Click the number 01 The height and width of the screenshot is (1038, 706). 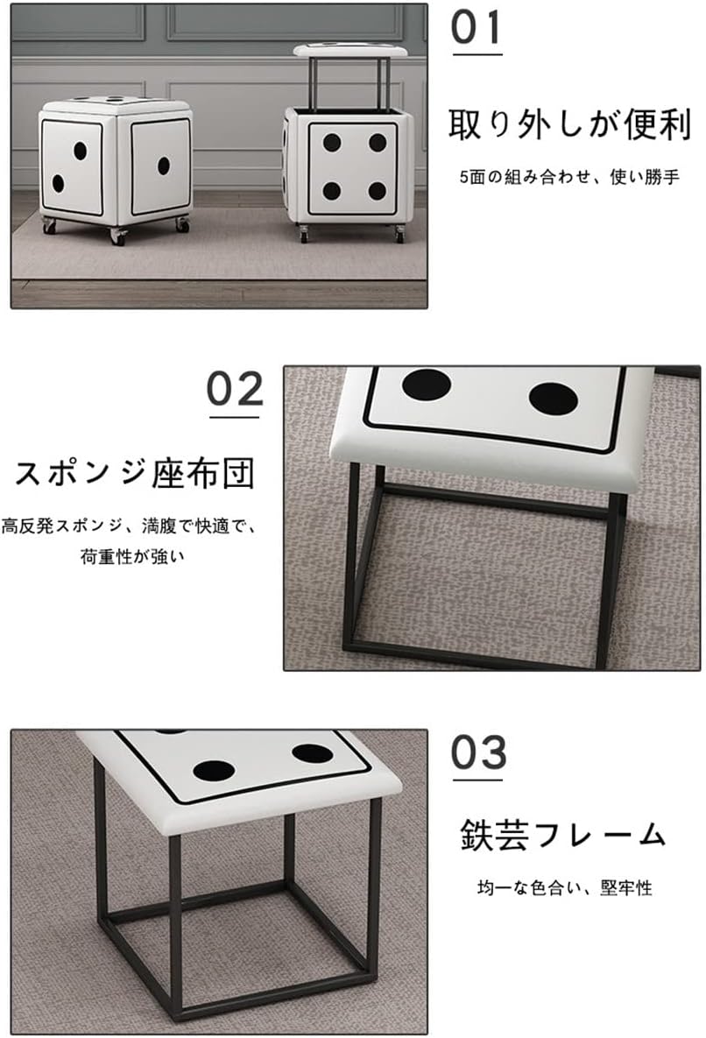477,28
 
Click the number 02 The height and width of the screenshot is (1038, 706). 235,389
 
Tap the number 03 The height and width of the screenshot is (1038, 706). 478,752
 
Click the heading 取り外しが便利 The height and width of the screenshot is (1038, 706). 569,124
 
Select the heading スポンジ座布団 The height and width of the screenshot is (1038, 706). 135,473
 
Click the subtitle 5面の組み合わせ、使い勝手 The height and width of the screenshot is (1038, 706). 569,177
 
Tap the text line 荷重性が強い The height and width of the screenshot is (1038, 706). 132,557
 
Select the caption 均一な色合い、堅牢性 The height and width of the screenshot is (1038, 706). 564,887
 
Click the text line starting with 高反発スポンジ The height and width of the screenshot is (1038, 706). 129,526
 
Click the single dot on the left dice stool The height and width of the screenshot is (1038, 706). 164,166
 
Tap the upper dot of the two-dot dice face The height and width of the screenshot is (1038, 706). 80,151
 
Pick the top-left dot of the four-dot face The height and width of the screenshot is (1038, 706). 332,142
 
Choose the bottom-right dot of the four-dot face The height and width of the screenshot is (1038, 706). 378,191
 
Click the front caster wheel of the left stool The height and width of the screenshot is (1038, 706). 118,236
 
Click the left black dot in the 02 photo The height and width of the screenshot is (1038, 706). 427,385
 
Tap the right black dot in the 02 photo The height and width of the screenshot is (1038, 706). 554,399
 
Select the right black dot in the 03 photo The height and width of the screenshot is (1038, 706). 313,753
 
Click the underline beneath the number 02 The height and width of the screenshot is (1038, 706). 234,417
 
